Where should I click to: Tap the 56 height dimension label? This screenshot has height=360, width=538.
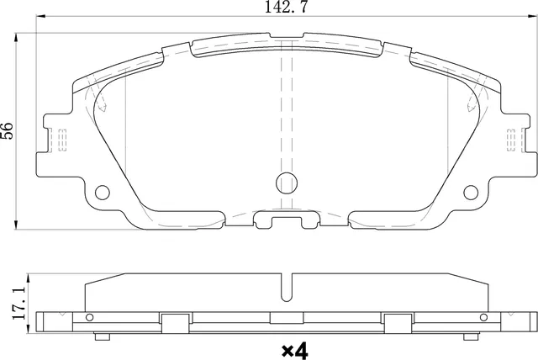coord(8,130)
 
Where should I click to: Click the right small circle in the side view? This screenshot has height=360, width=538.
coord(483,318)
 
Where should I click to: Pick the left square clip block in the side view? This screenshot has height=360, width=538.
coord(173,323)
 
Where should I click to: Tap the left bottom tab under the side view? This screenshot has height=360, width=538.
coord(103,336)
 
